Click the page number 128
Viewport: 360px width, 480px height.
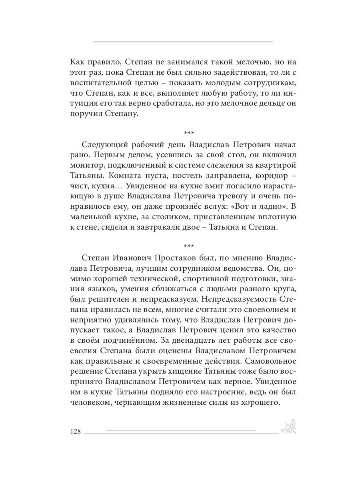tap(76, 432)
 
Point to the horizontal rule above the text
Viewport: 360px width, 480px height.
tap(183, 42)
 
